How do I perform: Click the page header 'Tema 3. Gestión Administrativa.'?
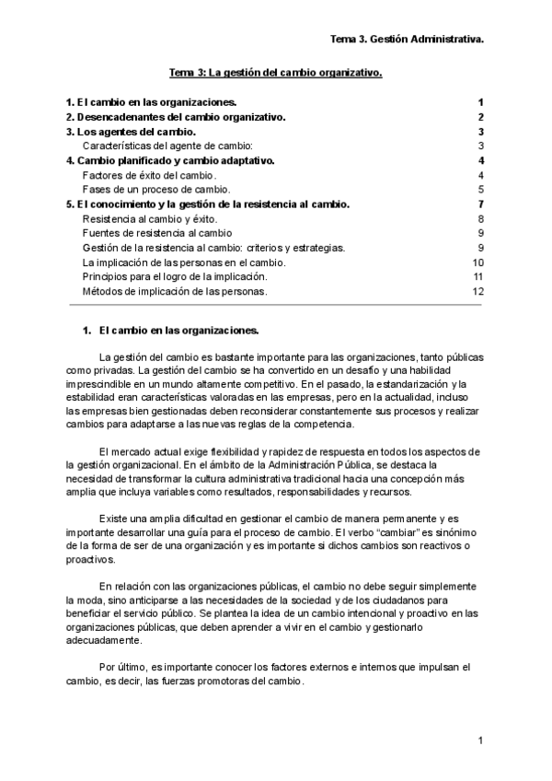tap(408, 40)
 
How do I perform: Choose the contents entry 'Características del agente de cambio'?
tap(167, 146)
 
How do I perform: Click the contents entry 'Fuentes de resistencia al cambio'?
tap(156, 233)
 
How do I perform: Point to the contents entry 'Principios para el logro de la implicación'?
tap(175, 276)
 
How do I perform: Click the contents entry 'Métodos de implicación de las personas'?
tap(175, 291)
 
